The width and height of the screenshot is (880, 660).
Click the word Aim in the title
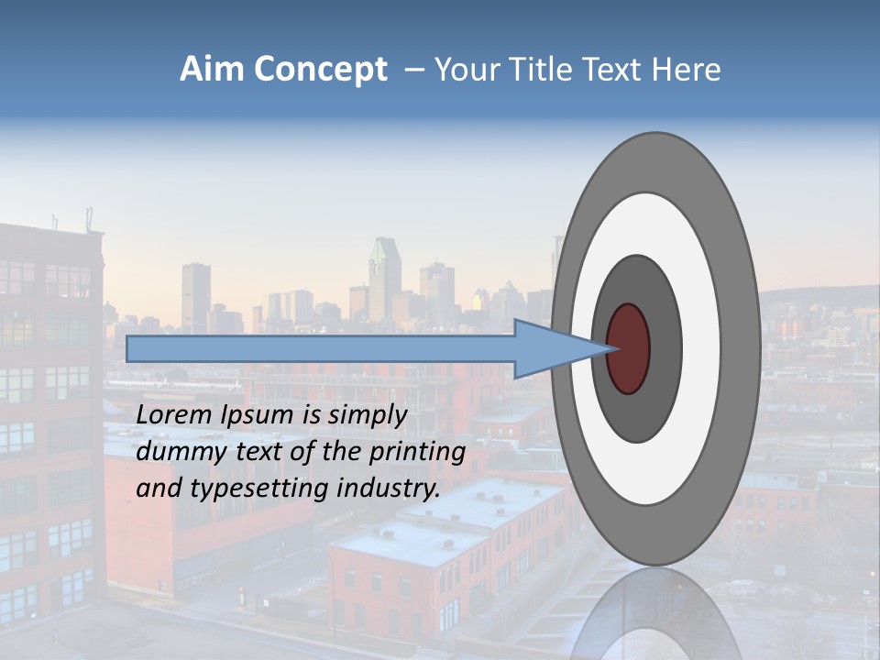206,70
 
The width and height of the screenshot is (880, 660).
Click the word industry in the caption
388,489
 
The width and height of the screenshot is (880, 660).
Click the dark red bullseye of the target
629,348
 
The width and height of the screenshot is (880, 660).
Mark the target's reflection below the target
655,614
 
